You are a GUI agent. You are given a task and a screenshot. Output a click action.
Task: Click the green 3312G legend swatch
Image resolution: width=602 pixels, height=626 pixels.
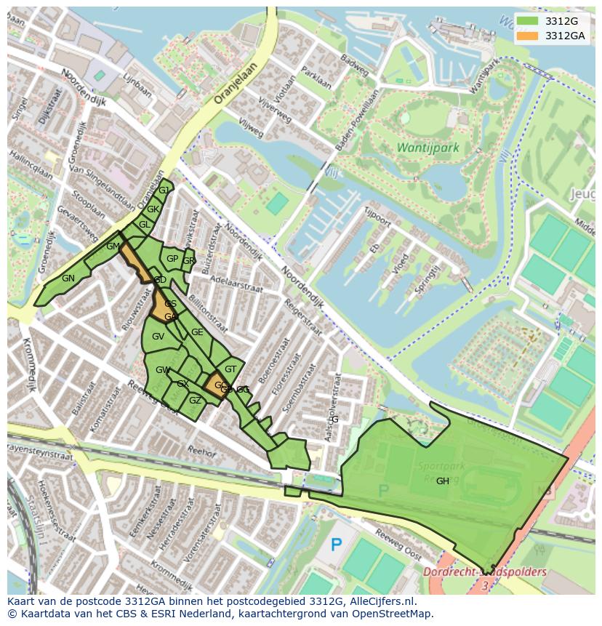click(x=528, y=21)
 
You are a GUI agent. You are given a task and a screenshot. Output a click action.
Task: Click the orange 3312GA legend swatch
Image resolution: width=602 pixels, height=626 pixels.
click(x=528, y=36)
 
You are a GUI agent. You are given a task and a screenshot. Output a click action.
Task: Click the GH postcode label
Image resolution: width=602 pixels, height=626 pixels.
click(x=442, y=481)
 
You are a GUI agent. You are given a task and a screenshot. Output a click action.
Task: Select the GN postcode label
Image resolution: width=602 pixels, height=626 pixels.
click(x=68, y=278)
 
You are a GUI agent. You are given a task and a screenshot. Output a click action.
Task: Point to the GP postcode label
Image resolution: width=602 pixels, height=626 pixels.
click(x=172, y=259)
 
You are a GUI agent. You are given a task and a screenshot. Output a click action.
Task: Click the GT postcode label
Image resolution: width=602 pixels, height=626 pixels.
click(x=230, y=369)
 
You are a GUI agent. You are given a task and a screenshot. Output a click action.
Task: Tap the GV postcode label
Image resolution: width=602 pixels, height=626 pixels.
click(x=158, y=337)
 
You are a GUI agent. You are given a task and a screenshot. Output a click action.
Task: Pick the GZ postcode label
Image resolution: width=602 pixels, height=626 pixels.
click(x=195, y=401)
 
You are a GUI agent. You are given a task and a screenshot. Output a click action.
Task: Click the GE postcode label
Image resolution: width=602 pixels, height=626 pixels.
click(x=197, y=332)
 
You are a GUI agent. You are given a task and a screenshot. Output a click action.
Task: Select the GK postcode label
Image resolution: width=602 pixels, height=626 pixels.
click(x=153, y=209)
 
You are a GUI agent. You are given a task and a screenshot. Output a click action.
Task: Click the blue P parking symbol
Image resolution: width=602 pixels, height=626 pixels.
click(x=336, y=544)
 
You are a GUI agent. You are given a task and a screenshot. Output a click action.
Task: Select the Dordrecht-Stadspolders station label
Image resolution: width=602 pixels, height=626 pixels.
click(x=485, y=572)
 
